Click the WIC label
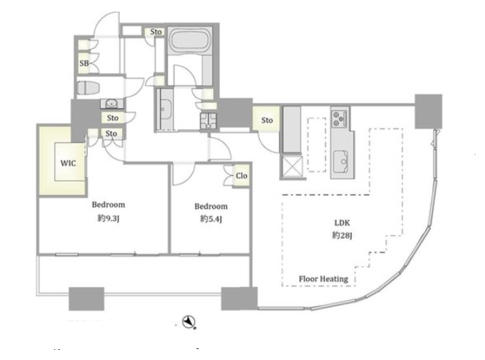click(68, 163)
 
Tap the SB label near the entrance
click(84, 64)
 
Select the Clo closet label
click(241, 176)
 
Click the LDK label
click(342, 223)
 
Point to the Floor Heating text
click(324, 279)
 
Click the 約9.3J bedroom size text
click(108, 218)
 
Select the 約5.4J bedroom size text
click(211, 219)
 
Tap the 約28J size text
click(342, 236)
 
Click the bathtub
click(190, 41)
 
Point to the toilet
click(88, 88)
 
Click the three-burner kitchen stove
click(340, 119)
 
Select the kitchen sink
click(340, 162)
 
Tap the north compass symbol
click(188, 322)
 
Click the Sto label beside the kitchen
click(267, 120)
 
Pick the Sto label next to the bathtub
click(156, 32)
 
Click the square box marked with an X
click(292, 166)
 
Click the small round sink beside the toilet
click(111, 103)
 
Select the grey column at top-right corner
click(429, 111)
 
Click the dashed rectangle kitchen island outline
click(316, 145)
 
